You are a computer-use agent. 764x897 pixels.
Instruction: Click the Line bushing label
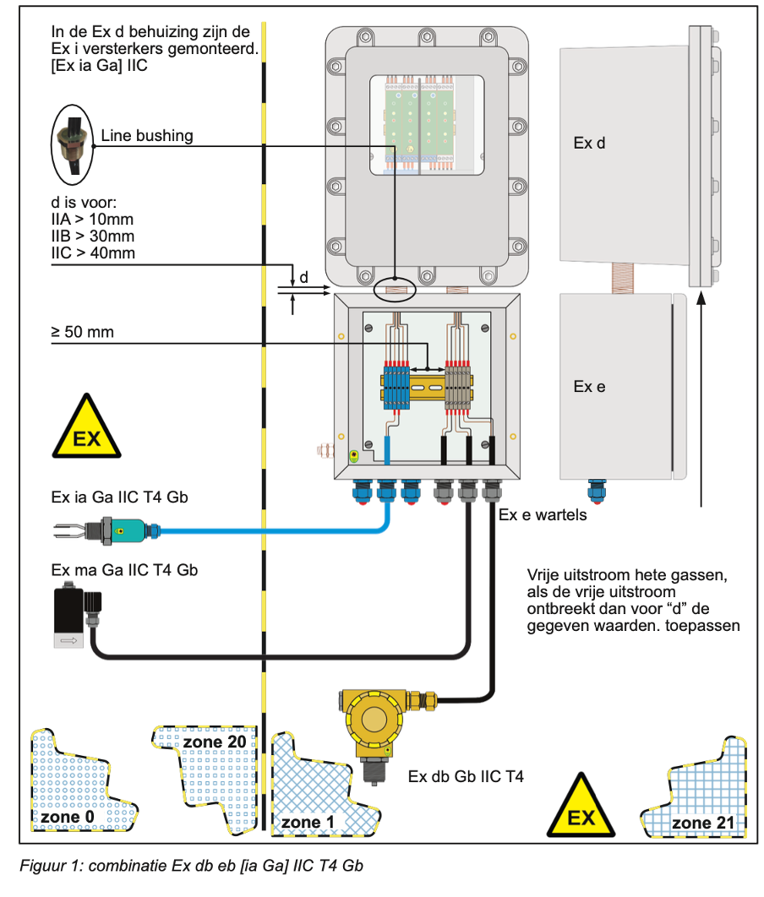click(146, 135)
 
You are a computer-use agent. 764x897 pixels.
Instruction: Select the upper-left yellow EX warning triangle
click(87, 428)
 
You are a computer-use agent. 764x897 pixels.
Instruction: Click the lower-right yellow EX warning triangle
click(581, 806)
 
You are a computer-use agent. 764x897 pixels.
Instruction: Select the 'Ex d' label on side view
click(589, 144)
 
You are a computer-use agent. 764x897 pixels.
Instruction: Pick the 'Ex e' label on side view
click(589, 387)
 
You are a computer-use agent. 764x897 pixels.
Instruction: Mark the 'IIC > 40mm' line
click(92, 253)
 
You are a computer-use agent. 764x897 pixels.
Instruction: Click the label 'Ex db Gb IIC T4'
click(466, 776)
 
